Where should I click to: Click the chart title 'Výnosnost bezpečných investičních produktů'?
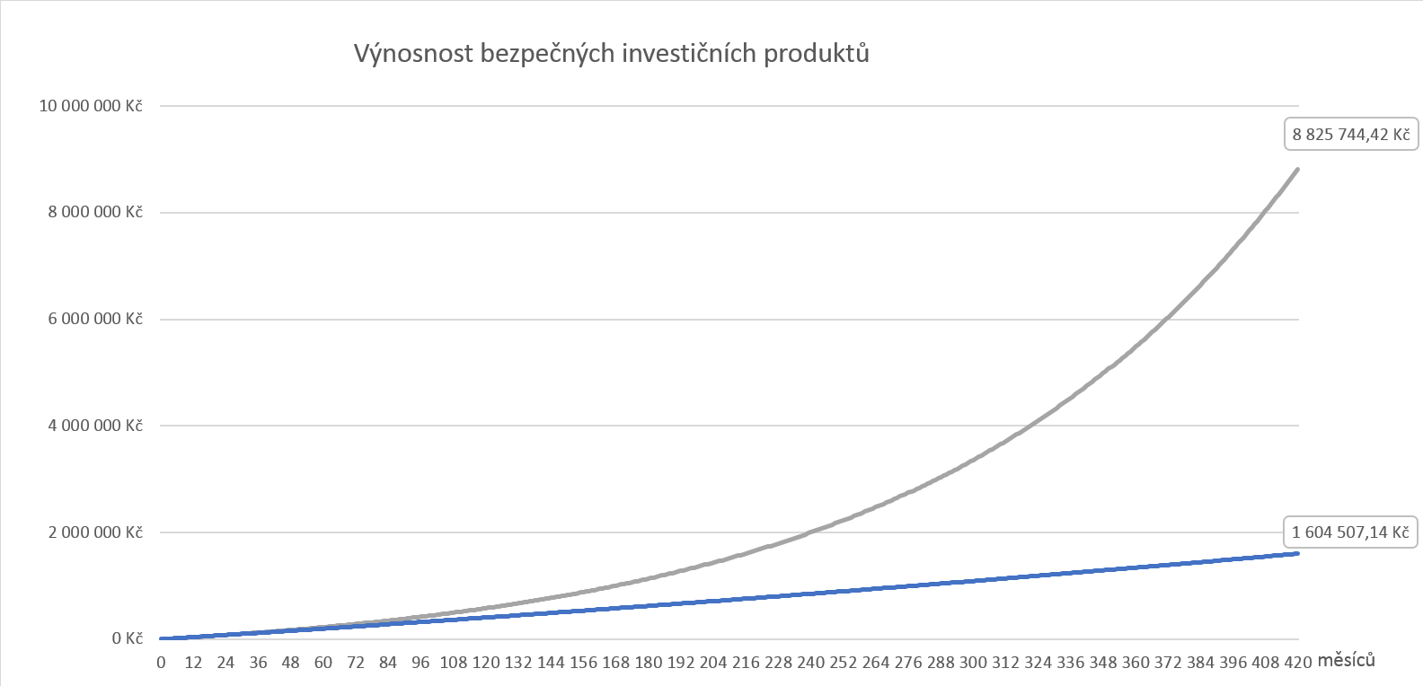(x=612, y=54)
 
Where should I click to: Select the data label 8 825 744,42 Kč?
(x=1351, y=135)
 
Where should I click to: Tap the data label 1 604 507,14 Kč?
(x=1350, y=532)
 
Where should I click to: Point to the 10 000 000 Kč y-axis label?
(x=91, y=106)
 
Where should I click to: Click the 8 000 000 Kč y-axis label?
(x=95, y=213)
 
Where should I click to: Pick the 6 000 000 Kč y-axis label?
(x=95, y=319)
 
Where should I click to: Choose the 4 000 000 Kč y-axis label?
(x=95, y=426)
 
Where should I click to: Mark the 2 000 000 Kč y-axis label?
(x=95, y=532)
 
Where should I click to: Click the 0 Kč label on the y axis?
(x=128, y=638)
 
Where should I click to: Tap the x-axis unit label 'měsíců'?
(x=1346, y=661)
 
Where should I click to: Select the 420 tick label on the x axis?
(x=1297, y=663)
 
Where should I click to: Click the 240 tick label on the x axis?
(x=810, y=663)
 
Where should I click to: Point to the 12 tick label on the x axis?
(x=193, y=663)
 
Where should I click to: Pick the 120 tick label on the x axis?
(x=486, y=663)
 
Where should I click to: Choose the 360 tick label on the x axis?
(x=1136, y=663)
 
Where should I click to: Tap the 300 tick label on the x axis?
(x=973, y=663)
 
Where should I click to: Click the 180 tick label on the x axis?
(x=649, y=663)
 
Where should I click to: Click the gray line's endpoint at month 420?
(x=1297, y=169)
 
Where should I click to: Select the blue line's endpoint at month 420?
(x=1297, y=553)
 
